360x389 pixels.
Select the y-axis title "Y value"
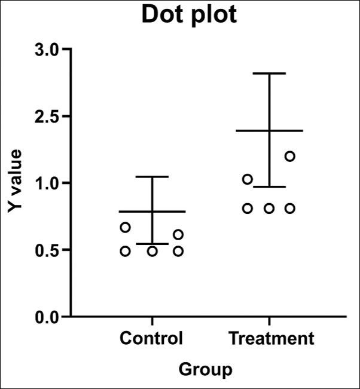point(15,182)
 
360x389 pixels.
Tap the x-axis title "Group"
point(205,369)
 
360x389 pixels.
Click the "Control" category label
point(151,338)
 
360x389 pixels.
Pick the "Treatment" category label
point(271,338)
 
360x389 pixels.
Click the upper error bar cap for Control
point(152,177)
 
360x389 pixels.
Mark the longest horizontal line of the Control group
point(152,212)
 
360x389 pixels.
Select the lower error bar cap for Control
point(152,244)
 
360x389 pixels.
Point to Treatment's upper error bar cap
point(269,73)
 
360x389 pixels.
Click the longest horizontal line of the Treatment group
point(269,130)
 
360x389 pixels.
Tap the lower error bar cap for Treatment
point(269,187)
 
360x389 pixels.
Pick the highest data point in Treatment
point(289,157)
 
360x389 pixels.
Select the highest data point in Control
point(125,227)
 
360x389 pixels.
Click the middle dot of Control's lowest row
point(152,251)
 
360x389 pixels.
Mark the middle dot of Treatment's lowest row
point(269,209)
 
